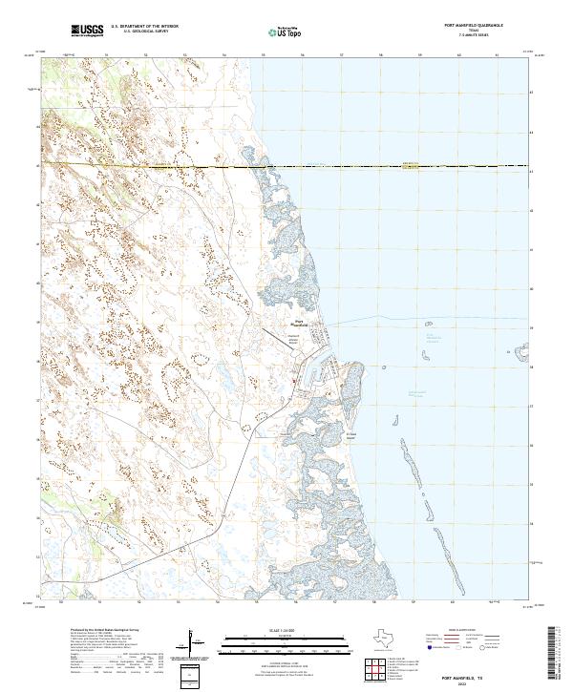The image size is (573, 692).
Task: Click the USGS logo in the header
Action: click(x=87, y=31)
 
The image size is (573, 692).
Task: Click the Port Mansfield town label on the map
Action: click(x=300, y=324)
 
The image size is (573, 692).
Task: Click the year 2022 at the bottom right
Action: click(x=478, y=682)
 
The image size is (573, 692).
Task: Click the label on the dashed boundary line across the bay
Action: click(x=411, y=163)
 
